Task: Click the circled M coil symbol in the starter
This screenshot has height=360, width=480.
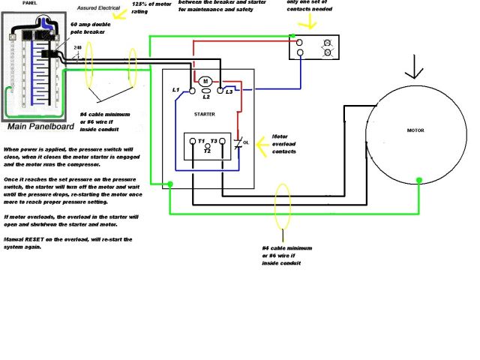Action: [205, 80]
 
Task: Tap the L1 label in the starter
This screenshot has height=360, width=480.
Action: [176, 91]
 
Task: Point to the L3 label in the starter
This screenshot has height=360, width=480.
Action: [239, 91]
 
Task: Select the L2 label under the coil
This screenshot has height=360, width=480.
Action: [205, 97]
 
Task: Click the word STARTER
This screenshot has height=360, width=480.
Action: [204, 114]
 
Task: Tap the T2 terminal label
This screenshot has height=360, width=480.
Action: [208, 150]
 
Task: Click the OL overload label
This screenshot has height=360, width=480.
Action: [246, 142]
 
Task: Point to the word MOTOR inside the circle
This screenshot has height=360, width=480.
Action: [415, 130]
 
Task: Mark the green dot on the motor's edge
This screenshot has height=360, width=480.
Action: [419, 180]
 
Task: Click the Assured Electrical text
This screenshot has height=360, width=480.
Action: [104, 8]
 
